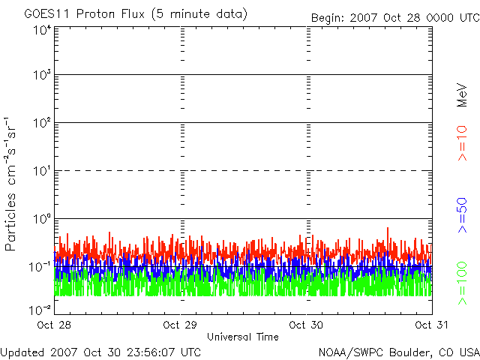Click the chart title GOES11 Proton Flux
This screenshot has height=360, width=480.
click(84, 13)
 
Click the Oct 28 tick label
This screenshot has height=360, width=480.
click(54, 325)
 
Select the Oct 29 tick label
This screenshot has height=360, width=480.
click(180, 325)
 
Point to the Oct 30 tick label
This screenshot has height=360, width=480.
click(306, 325)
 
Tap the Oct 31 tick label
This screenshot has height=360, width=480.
click(432, 325)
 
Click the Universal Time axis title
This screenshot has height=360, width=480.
click(243, 337)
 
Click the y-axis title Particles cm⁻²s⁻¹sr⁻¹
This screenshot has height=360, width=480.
click(10, 184)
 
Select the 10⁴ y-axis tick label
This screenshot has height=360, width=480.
click(43, 30)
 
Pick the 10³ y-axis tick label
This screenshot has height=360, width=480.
click(43, 75)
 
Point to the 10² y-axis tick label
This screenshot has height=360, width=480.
click(43, 123)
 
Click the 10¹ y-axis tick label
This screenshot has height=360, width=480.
click(43, 171)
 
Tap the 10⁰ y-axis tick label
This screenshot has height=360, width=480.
click(43, 219)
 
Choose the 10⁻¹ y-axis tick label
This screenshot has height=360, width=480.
click(40, 267)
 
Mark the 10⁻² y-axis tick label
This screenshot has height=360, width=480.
click(40, 310)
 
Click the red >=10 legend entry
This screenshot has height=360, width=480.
click(462, 143)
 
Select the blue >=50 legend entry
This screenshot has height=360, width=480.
click(462, 215)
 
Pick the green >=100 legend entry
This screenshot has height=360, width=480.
click(462, 283)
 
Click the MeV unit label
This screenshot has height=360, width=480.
click(462, 95)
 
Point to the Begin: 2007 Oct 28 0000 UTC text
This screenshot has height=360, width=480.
click(395, 18)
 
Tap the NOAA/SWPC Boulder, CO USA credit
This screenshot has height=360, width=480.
click(399, 352)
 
